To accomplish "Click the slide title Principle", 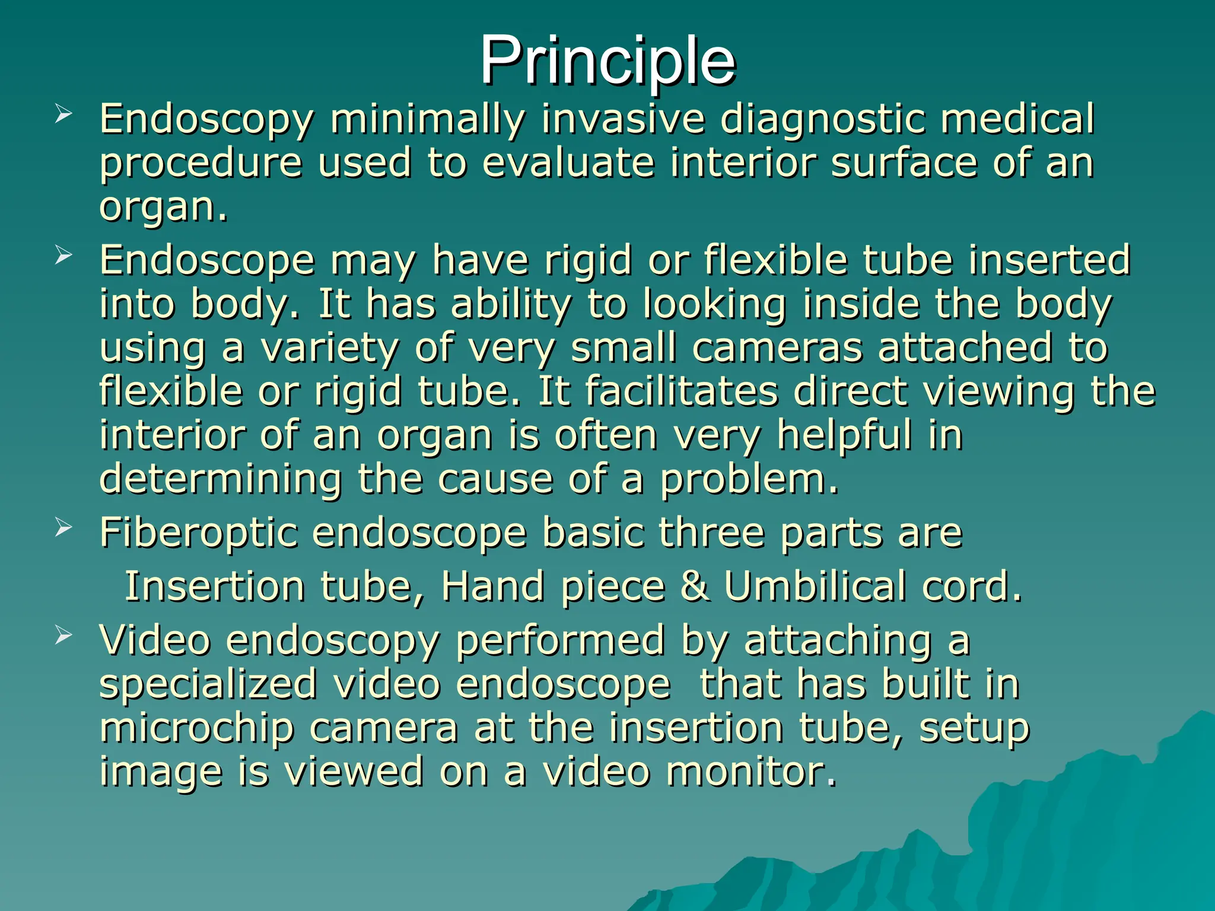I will pyautogui.click(x=607, y=60).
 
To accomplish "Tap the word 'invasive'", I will pyautogui.click(x=623, y=119).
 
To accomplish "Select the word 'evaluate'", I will pyautogui.click(x=568, y=163).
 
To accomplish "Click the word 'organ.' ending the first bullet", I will pyautogui.click(x=163, y=208).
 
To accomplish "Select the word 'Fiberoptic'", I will pyautogui.click(x=198, y=533).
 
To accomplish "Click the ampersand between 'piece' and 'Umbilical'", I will pyautogui.click(x=695, y=587).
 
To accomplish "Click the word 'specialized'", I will pyautogui.click(x=208, y=685).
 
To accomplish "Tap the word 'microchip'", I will pyautogui.click(x=196, y=729).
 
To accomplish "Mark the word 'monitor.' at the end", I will pyautogui.click(x=751, y=772).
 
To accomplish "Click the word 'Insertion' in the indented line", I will pyautogui.click(x=215, y=587).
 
